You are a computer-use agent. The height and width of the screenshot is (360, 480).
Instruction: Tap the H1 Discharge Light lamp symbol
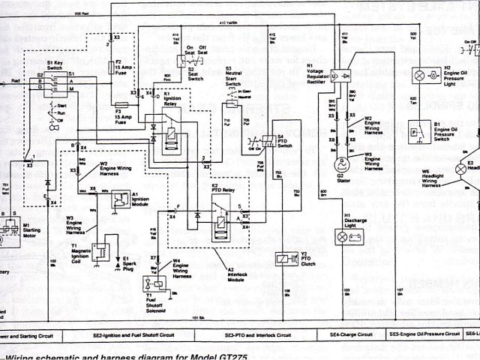pos(343,237)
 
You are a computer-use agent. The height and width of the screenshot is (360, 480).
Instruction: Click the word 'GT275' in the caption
pos(239,355)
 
